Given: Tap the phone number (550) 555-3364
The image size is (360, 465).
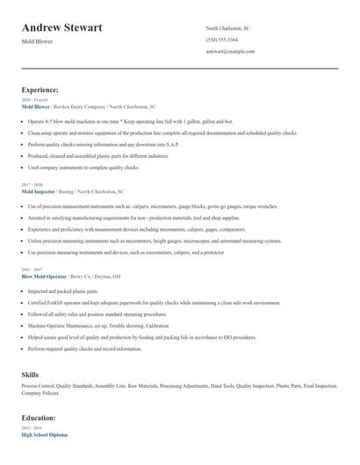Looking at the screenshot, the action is [x=221, y=40].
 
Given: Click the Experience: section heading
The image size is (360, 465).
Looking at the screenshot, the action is [x=40, y=89].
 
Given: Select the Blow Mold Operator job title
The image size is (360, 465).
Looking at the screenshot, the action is [x=44, y=275].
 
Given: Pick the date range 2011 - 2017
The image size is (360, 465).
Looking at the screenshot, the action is [x=31, y=269].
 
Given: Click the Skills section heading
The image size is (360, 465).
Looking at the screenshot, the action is [x=30, y=375].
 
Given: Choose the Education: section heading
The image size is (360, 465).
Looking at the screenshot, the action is [x=40, y=418].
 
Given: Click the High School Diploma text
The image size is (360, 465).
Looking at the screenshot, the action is [x=44, y=434].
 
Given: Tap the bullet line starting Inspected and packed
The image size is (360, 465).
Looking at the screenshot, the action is [x=63, y=290].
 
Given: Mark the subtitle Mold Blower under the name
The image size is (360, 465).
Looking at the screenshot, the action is [x=37, y=42].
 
